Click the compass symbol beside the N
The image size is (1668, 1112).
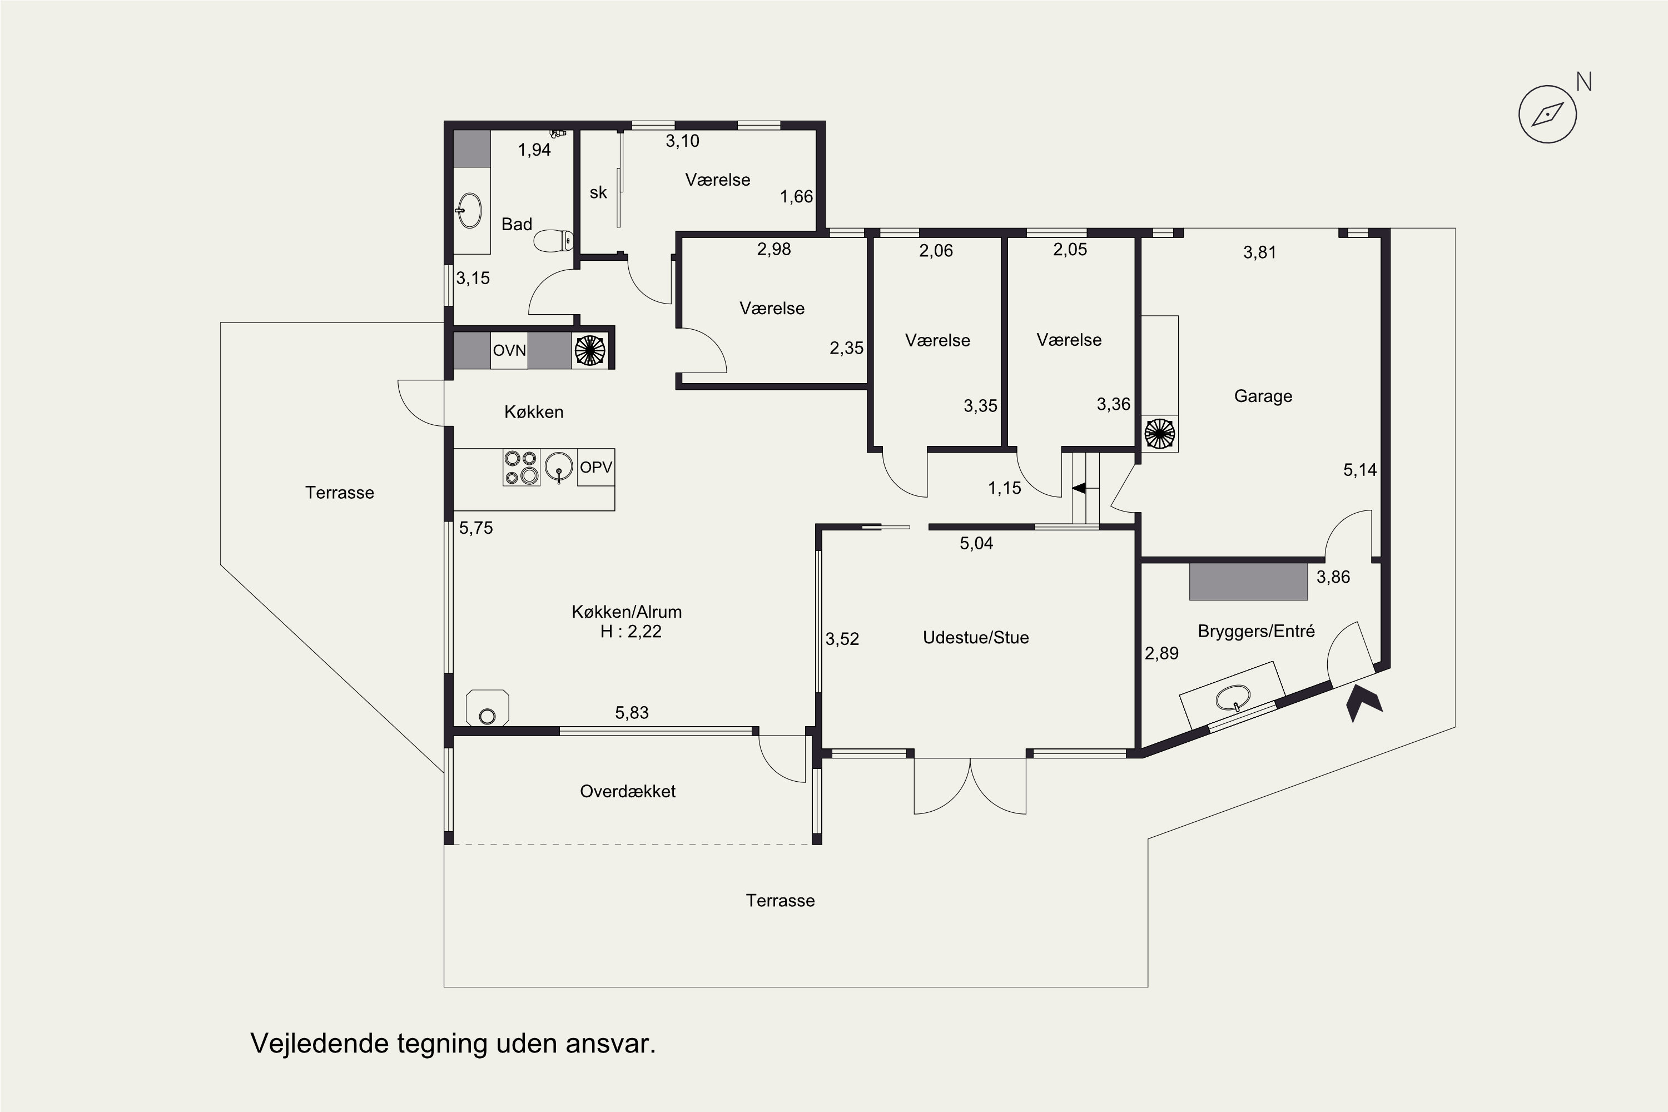pyautogui.click(x=1547, y=114)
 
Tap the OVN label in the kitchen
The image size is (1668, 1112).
pyautogui.click(x=509, y=350)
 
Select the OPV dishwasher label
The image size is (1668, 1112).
pyautogui.click(x=595, y=468)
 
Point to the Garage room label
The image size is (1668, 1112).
pyautogui.click(x=1263, y=396)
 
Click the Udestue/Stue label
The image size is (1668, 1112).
pyautogui.click(x=976, y=638)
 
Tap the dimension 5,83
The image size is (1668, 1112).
pyautogui.click(x=632, y=713)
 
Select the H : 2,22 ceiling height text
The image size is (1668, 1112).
pyautogui.click(x=631, y=632)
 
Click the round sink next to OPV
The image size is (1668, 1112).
pyautogui.click(x=559, y=468)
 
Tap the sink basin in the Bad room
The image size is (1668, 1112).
pyautogui.click(x=469, y=211)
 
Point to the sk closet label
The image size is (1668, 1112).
pyautogui.click(x=599, y=192)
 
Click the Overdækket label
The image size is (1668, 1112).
pyautogui.click(x=628, y=791)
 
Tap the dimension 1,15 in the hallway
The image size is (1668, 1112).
pyautogui.click(x=1005, y=488)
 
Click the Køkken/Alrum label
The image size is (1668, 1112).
pyautogui.click(x=627, y=612)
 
